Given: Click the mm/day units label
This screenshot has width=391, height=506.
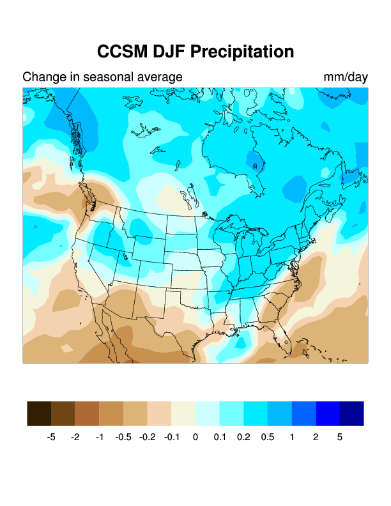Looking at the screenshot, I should (x=346, y=77).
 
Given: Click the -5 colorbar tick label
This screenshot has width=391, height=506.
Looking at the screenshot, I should (x=51, y=438).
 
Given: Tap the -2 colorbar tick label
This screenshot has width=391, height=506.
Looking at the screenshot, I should (x=75, y=438).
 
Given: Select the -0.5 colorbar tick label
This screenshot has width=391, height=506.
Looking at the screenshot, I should (x=123, y=438).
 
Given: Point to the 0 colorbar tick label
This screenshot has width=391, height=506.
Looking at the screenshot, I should (x=195, y=438).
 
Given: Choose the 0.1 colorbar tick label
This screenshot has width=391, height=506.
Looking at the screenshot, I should (x=219, y=438).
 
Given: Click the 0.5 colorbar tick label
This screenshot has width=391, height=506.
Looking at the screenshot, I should (x=267, y=438).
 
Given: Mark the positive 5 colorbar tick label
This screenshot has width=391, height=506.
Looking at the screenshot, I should (x=339, y=438).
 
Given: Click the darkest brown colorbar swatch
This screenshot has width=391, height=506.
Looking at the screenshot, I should (x=39, y=413).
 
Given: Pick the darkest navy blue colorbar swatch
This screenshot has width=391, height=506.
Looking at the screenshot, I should (x=351, y=413).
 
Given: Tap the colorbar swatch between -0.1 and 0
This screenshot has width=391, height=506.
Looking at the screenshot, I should (x=183, y=413).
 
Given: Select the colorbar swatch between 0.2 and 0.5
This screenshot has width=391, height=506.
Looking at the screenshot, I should (x=256, y=413).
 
